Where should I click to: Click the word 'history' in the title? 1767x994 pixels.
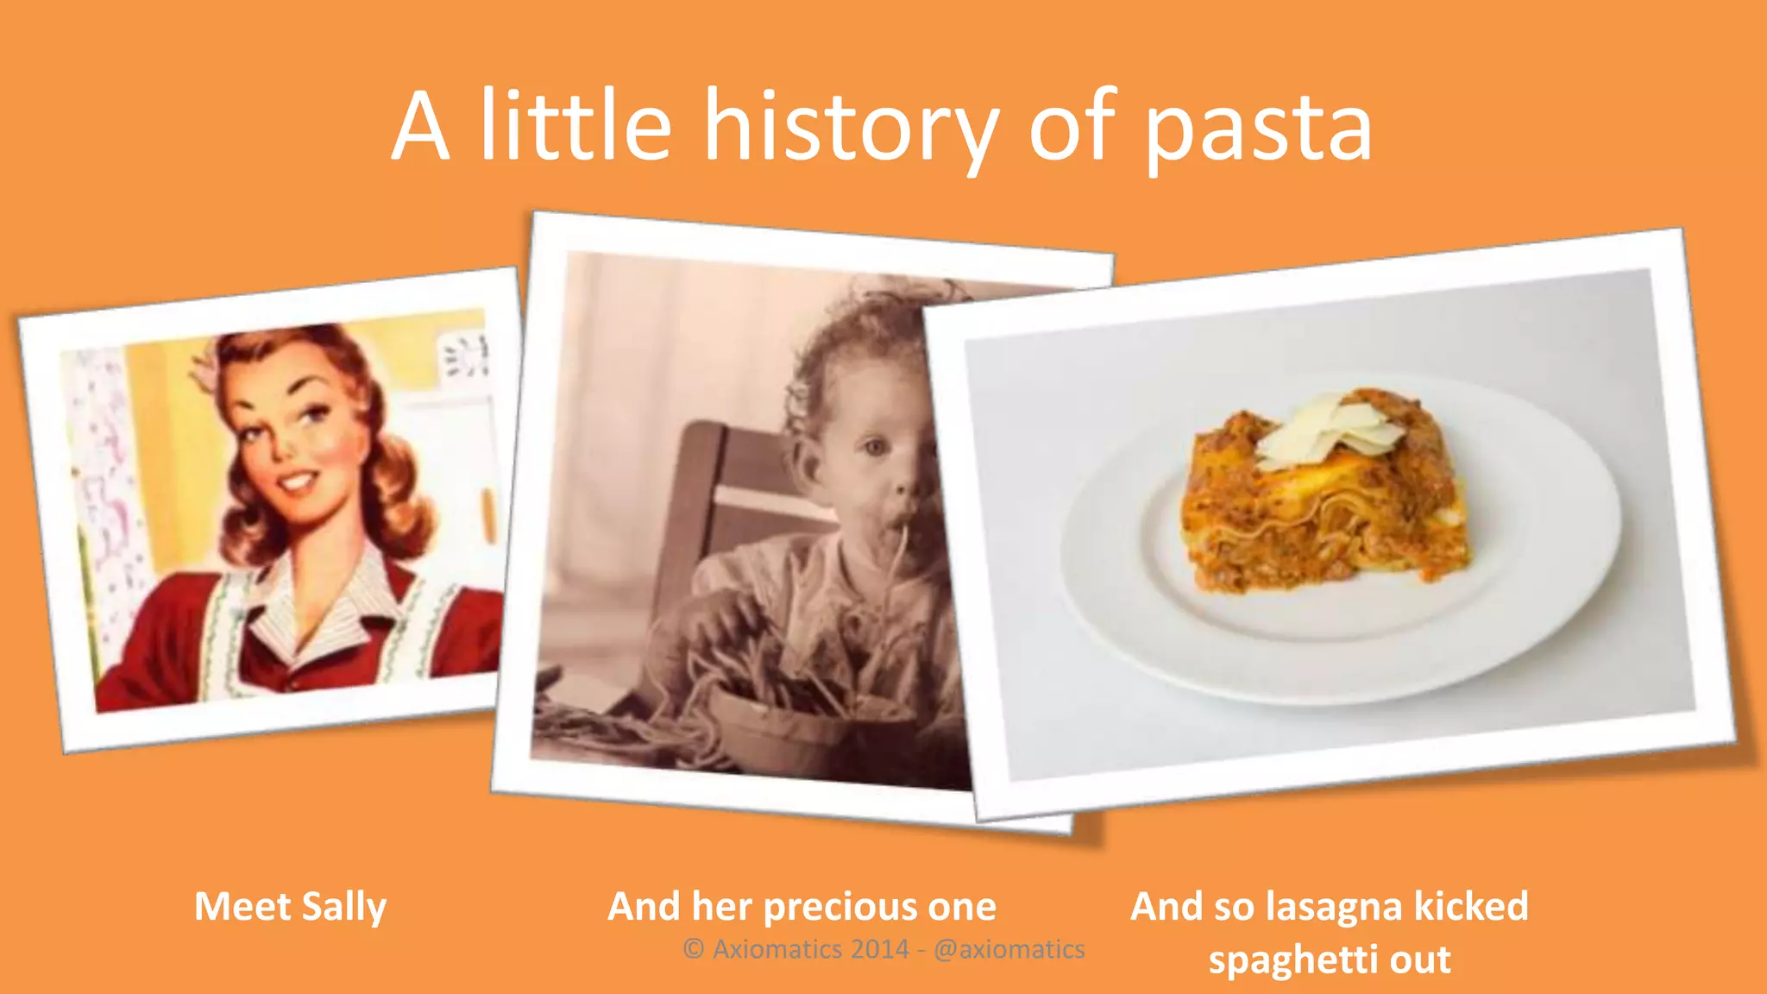point(851,128)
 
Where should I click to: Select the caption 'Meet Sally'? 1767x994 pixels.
point(290,907)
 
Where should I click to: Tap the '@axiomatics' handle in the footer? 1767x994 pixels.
point(1009,949)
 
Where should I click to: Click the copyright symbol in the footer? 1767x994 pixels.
point(693,949)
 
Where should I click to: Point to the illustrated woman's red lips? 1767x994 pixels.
point(298,481)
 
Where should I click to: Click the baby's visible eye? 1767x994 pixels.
point(875,447)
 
